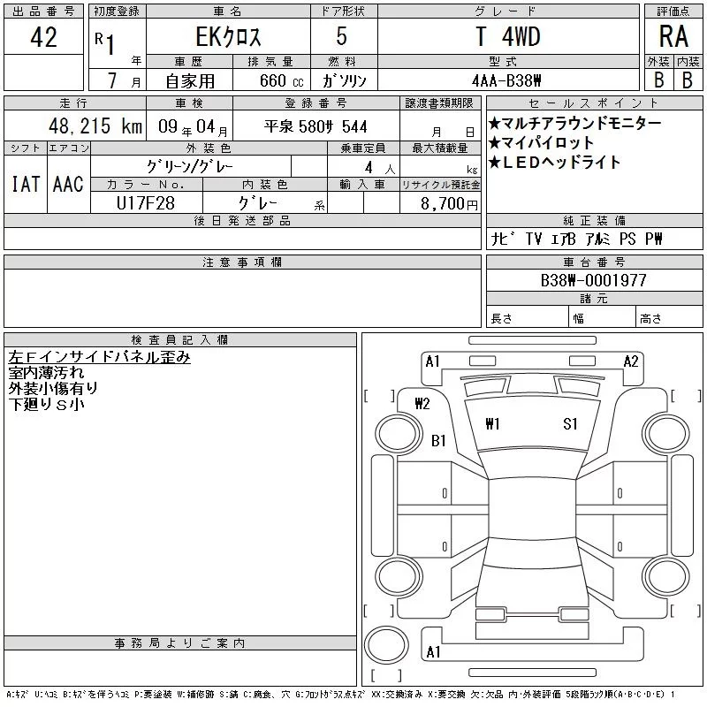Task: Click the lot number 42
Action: click(x=43, y=37)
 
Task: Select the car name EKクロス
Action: click(x=228, y=37)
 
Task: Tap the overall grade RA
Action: click(x=673, y=36)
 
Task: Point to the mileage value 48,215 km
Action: click(x=95, y=125)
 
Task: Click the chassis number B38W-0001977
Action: click(x=593, y=280)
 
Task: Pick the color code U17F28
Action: click(x=146, y=203)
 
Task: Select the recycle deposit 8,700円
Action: click(x=449, y=203)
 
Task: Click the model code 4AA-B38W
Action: click(x=506, y=80)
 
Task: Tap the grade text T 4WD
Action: click(x=508, y=36)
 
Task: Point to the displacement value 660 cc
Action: click(x=281, y=80)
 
